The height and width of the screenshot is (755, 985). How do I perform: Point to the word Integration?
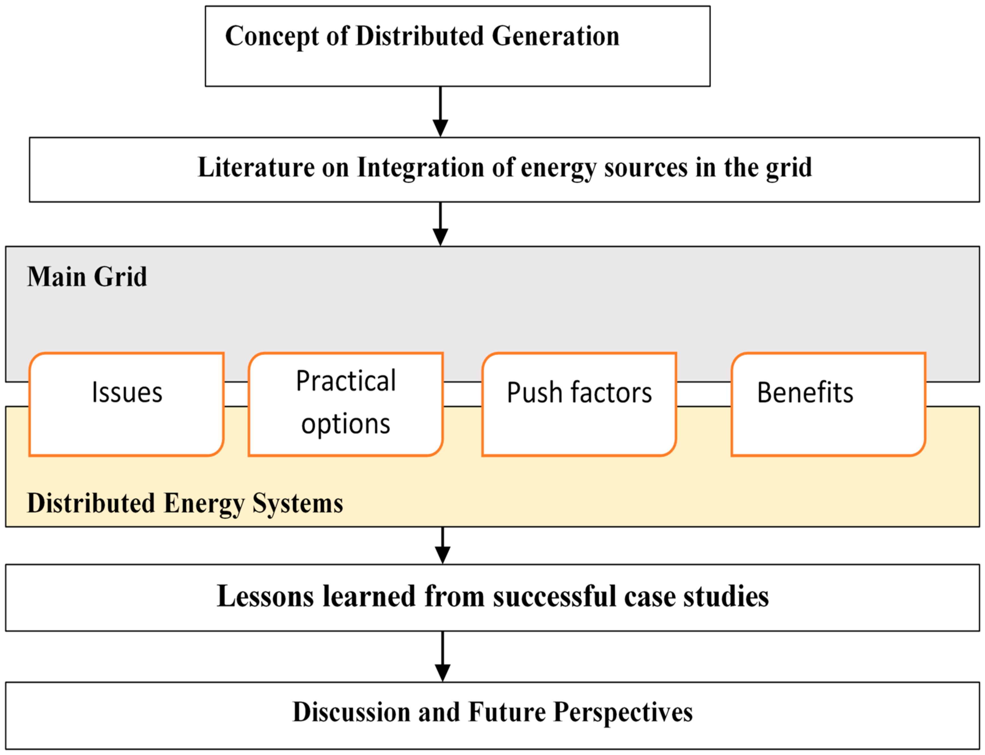(420, 169)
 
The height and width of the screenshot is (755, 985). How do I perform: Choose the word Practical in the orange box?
(346, 381)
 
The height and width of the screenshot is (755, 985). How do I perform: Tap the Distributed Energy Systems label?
(185, 503)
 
